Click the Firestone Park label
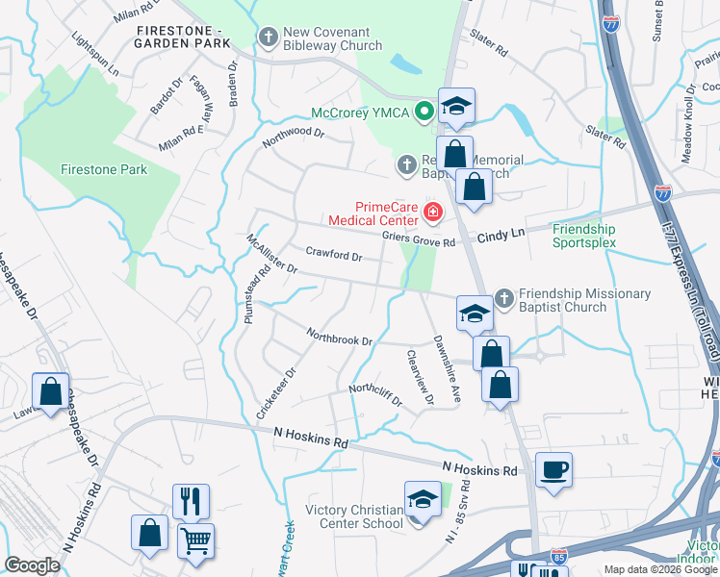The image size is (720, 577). pos(104,169)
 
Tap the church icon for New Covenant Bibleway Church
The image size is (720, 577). pos(268,38)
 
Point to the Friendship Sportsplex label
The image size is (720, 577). pos(583,237)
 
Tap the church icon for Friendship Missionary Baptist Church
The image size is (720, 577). pos(501,297)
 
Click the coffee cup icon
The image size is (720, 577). pos(553,470)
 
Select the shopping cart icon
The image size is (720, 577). pos(195,541)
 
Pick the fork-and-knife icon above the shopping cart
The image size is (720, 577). pos(191,501)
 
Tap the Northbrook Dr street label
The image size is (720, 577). pos(339,338)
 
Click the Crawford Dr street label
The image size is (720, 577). pos(333,256)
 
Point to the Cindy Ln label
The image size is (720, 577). pos(501,235)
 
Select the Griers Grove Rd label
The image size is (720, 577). pos(417,242)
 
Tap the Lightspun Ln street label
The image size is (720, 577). pos(94,55)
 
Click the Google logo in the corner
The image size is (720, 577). pos(33,565)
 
